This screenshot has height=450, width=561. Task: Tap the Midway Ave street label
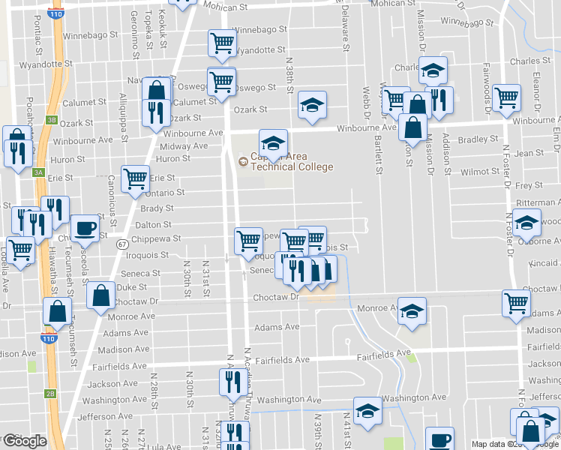[184, 146]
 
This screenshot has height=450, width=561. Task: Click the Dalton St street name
[154, 224]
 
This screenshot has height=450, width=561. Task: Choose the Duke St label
[132, 286]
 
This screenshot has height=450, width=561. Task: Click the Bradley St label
[478, 139]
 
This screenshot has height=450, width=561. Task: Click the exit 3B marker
[51, 119]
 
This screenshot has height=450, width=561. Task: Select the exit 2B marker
[50, 393]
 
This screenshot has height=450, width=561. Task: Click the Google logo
[24, 441]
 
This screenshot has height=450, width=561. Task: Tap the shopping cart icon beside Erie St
[135, 178]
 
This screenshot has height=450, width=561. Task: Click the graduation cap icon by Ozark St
[312, 104]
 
